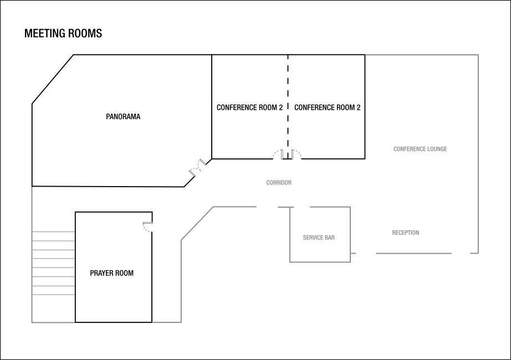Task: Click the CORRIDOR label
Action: click(279, 183)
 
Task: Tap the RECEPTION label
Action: click(406, 233)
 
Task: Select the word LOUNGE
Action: click(437, 149)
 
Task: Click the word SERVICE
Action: click(313, 238)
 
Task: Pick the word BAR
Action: click(330, 238)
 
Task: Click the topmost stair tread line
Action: click(53, 232)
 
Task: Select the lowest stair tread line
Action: click(53, 295)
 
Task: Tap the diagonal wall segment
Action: click(197, 224)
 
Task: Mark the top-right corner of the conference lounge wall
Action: click(478, 55)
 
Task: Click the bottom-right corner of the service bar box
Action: click(350, 262)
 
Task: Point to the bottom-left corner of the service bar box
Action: click(290, 262)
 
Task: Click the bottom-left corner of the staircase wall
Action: click(32, 322)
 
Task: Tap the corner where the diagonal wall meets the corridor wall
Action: click(213, 207)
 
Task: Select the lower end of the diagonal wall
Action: click(181, 240)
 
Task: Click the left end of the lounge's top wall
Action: click(366, 55)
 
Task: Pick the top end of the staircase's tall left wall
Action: click(32, 187)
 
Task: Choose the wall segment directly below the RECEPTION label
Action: click(413, 253)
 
